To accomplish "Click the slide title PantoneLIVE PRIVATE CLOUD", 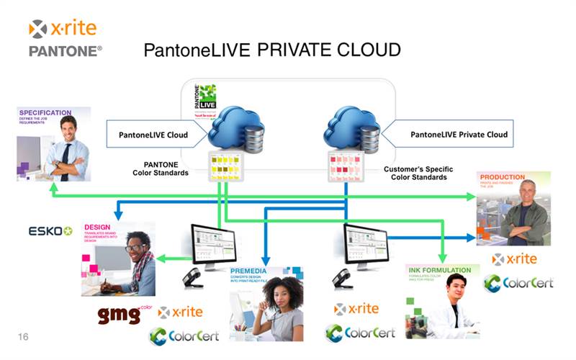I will point(272,50).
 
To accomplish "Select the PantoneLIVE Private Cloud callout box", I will point(459,134).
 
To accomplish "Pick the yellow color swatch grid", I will point(225,166).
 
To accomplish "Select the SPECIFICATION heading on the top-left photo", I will point(45,113).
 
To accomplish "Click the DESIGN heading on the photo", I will point(98,227).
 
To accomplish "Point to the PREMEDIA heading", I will point(248,271).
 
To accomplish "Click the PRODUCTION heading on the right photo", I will point(503,176).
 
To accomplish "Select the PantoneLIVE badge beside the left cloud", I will point(206,101).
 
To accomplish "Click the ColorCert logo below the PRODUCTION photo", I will point(518,282).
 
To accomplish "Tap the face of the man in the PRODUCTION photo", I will point(523,193).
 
